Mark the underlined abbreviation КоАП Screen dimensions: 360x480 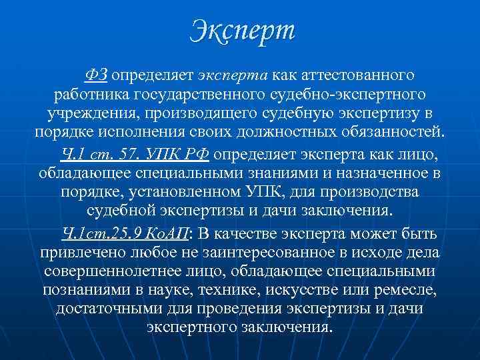click(170, 234)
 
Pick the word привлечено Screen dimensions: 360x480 click(89, 253)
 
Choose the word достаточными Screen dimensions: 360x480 click(109, 310)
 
